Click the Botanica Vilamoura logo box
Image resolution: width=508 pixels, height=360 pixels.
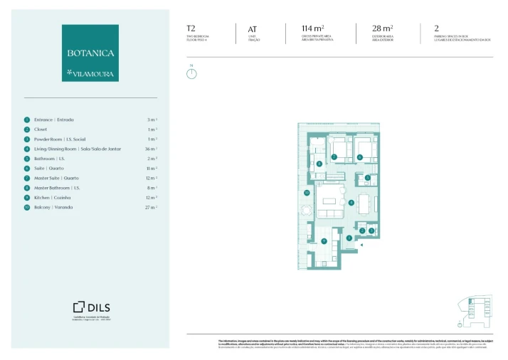(90, 53)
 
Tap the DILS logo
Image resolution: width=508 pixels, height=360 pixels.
(90, 307)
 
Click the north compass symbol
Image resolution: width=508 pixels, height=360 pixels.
(191, 73)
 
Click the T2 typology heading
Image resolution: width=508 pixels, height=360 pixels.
(191, 29)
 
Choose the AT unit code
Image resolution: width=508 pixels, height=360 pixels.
(252, 30)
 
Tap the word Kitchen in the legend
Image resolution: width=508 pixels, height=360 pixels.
(44, 197)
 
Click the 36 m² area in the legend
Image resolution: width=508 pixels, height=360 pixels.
(151, 149)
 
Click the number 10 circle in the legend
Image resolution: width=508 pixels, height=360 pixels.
(27, 207)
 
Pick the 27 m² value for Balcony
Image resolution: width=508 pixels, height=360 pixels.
(151, 207)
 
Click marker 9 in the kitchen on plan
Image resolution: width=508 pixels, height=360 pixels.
(324, 241)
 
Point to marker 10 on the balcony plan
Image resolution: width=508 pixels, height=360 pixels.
(307, 192)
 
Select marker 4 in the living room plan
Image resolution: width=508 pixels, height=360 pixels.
(351, 202)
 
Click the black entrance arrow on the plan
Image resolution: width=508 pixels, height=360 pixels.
(361, 245)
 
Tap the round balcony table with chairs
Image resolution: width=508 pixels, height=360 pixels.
(307, 211)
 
